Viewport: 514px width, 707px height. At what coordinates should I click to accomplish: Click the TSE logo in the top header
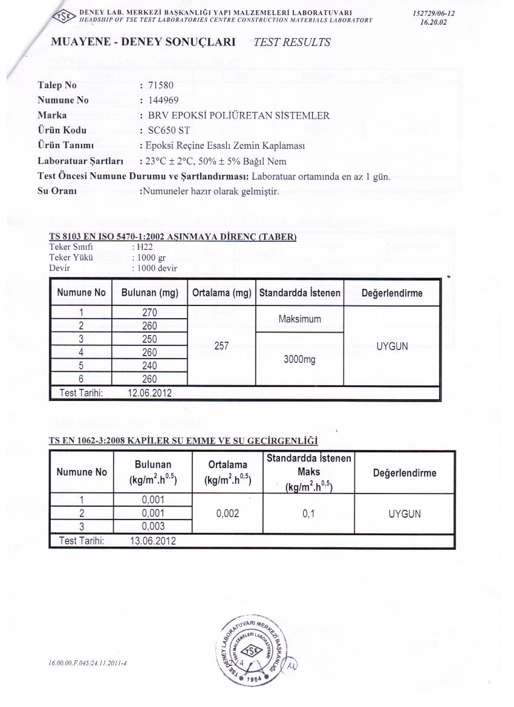tap(66, 16)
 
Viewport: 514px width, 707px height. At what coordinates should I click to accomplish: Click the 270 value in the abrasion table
tap(149, 313)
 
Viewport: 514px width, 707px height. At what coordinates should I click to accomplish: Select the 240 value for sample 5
tap(149, 366)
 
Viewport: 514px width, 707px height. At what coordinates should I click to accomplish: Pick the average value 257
tap(221, 346)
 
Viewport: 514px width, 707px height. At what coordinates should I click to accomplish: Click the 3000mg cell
tap(299, 359)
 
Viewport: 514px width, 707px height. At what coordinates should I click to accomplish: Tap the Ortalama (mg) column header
tap(221, 293)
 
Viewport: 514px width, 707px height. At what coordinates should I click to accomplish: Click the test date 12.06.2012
tap(150, 393)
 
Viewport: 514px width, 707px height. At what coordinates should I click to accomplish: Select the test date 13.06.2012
tap(153, 541)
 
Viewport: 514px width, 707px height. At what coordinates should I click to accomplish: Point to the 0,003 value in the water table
tap(153, 526)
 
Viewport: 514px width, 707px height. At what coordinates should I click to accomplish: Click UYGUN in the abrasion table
tap(392, 346)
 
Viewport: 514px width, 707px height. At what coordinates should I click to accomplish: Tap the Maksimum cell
tap(299, 319)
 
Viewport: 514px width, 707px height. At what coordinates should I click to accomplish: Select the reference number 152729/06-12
tap(433, 13)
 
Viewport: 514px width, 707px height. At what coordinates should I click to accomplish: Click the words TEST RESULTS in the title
tap(292, 42)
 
